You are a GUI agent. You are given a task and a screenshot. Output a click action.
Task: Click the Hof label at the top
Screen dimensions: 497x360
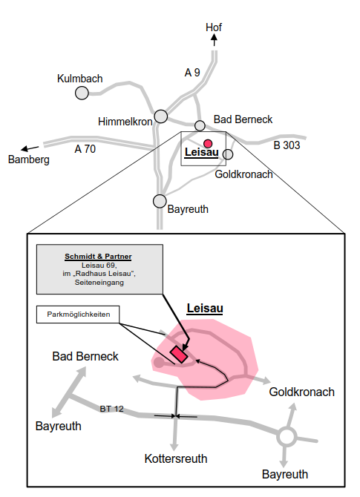(x=214, y=27)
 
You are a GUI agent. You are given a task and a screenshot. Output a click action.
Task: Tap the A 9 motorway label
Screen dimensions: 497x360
(x=192, y=72)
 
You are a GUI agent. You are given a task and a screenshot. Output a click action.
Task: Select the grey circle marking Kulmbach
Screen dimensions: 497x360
(x=82, y=92)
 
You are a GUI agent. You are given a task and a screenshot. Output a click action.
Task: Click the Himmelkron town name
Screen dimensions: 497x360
(x=125, y=121)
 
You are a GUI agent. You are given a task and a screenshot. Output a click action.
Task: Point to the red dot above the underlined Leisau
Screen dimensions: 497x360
(x=209, y=143)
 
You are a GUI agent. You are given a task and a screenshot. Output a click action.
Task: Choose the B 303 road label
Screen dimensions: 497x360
(x=287, y=145)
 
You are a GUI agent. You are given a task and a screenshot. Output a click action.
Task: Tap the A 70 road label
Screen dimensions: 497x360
(x=85, y=148)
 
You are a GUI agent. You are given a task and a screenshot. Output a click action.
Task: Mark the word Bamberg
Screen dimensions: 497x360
(x=28, y=160)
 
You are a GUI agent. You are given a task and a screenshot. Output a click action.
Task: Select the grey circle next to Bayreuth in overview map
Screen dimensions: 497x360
(x=160, y=201)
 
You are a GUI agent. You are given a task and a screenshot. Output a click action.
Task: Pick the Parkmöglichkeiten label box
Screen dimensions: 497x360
(x=78, y=315)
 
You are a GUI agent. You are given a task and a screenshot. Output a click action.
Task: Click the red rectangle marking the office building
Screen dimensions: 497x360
(x=178, y=353)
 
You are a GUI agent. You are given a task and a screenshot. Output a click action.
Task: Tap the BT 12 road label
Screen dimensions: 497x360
(x=112, y=409)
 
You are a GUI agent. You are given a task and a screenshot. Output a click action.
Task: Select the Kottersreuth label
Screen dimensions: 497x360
(x=175, y=458)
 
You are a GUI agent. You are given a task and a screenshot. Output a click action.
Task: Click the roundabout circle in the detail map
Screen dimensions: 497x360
(x=287, y=436)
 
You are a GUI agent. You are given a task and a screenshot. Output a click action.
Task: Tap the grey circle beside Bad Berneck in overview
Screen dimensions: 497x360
(x=200, y=125)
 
